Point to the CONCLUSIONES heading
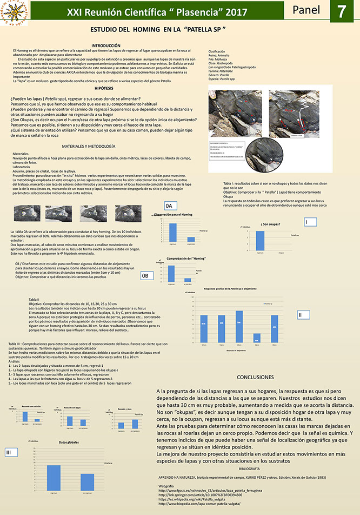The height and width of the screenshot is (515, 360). tap(260, 377)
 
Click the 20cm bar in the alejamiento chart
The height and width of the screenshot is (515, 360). tap(239, 324)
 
